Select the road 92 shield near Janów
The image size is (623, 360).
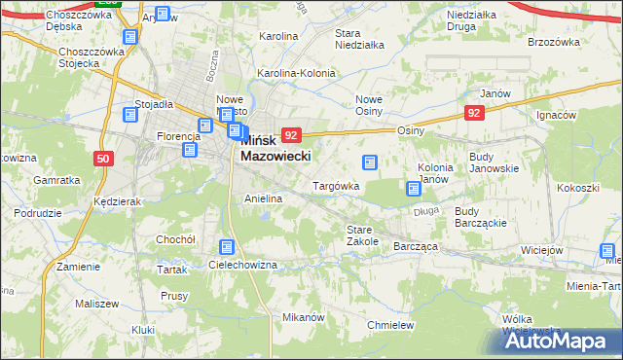474,114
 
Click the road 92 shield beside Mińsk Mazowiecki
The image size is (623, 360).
292,135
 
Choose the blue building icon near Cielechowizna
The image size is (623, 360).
227,248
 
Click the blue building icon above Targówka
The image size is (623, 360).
369,162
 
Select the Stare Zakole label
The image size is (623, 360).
362,234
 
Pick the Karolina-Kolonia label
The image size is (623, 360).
295,73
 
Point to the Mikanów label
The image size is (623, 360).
302,318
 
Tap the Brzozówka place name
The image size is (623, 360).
553,43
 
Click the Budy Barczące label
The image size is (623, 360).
478,216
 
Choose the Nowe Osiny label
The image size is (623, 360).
375,105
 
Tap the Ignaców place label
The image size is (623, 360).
557,115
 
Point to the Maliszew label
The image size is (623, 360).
94,304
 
